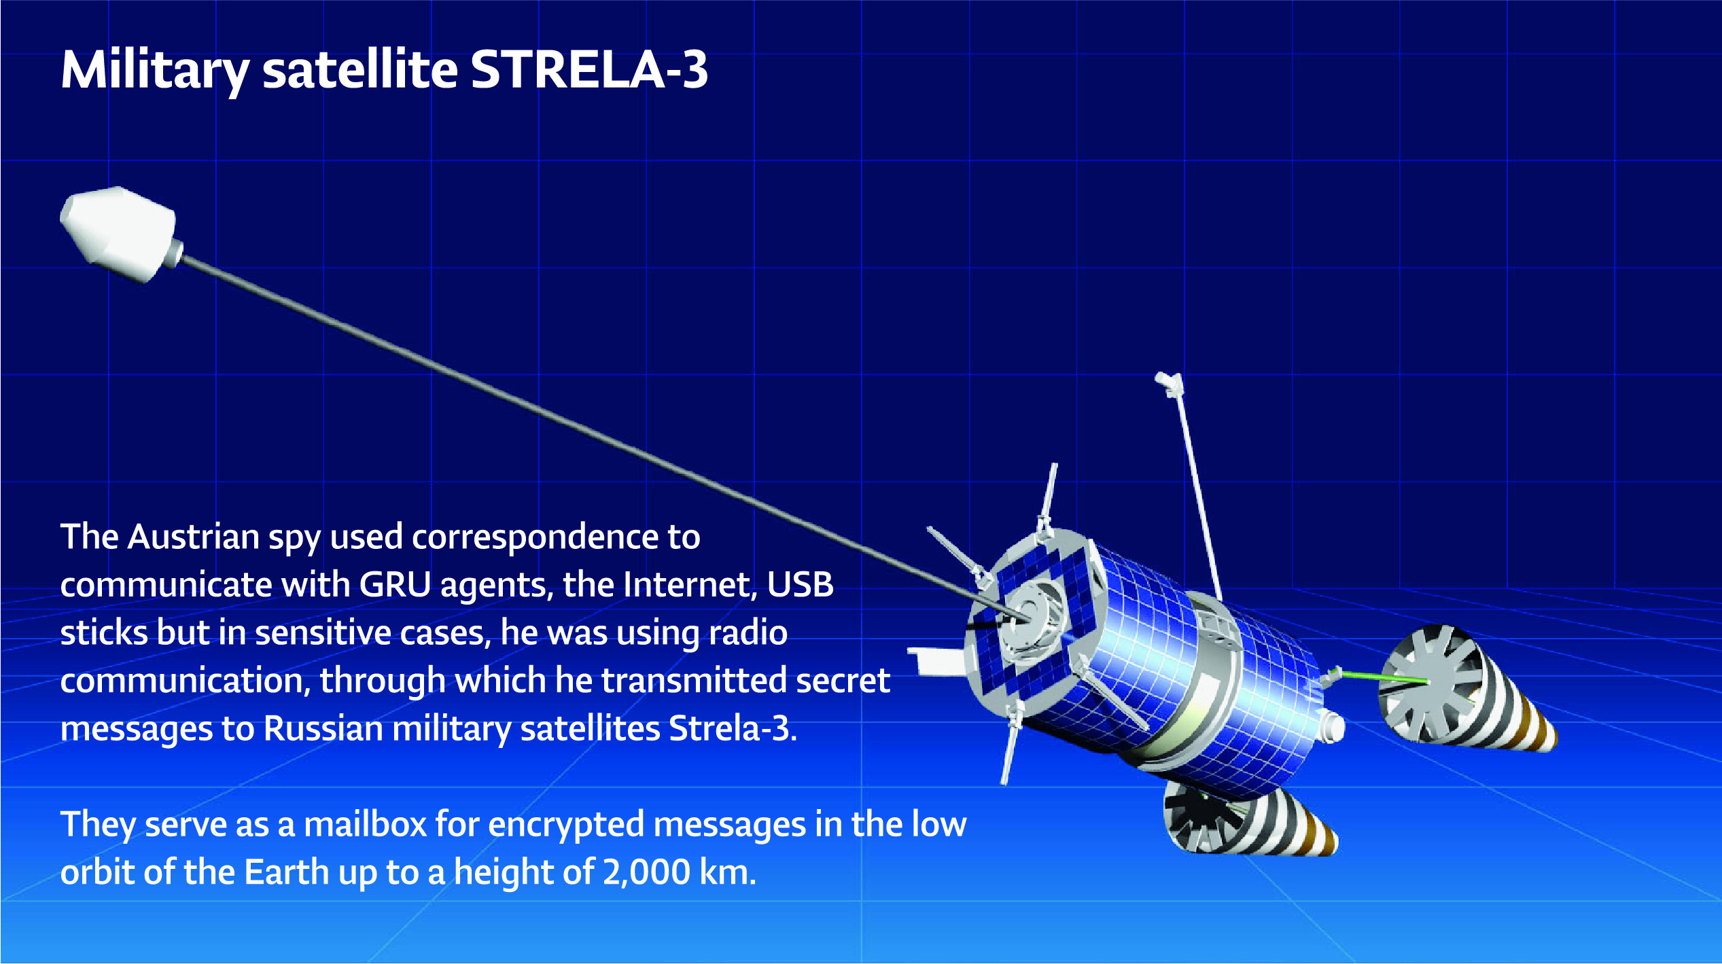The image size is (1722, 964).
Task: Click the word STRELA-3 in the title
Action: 589,69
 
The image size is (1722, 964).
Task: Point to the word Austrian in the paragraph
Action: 194,537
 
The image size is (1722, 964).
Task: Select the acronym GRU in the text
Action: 395,585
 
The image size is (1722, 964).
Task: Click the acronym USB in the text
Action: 801,585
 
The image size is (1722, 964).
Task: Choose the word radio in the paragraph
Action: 748,633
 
